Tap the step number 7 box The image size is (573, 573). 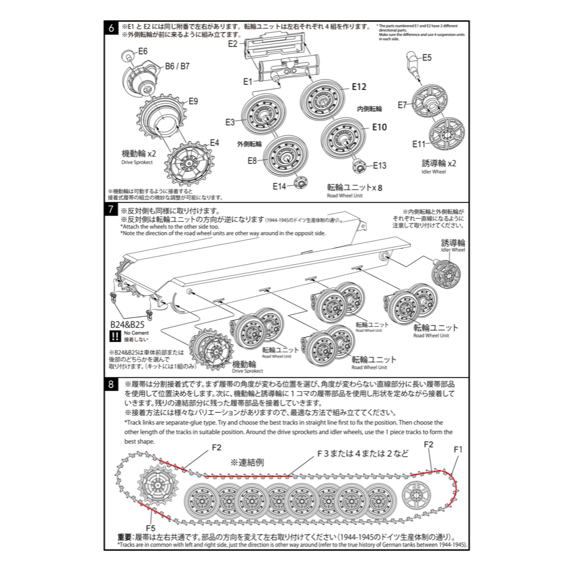(111, 209)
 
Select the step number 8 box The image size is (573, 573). (111, 384)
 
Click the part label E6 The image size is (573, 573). (143, 51)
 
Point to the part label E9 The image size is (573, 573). (193, 101)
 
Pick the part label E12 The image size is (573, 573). (359, 87)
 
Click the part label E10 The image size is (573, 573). (379, 127)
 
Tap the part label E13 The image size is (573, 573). (379, 166)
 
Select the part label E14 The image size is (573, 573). (279, 186)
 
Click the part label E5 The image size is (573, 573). (427, 57)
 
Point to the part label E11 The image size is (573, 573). (419, 144)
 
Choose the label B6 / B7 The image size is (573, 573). (177, 66)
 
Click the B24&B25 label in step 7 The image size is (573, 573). (127, 325)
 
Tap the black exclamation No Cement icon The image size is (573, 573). (115, 336)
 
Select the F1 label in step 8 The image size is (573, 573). (458, 450)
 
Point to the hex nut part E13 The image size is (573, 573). (359, 167)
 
